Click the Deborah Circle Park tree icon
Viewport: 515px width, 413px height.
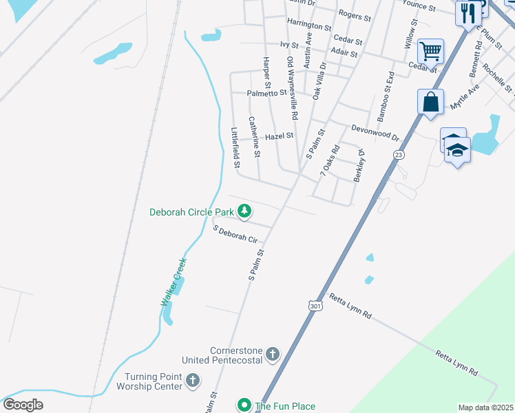click(244, 211)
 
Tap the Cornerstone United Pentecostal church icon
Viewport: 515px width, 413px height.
click(273, 354)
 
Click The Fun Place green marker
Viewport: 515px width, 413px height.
click(244, 405)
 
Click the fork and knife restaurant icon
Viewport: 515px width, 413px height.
click(468, 12)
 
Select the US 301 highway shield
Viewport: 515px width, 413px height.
click(315, 304)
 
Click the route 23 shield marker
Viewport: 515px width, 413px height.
click(399, 155)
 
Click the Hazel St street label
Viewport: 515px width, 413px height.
click(280, 136)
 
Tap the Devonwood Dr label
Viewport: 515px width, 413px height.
click(375, 131)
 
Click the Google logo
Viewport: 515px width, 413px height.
click(22, 405)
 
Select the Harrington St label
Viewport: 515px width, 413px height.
click(310, 24)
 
